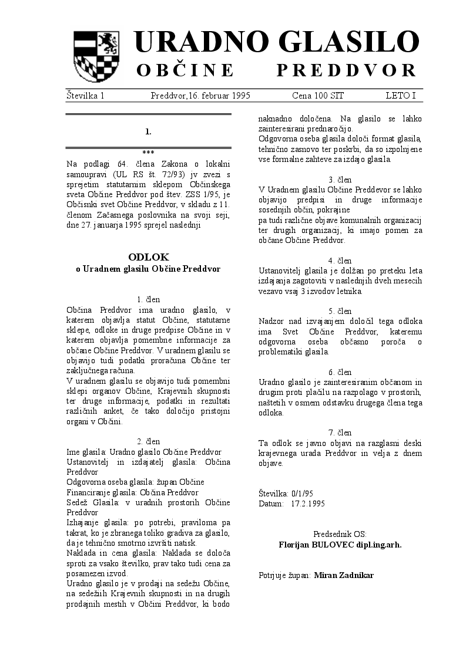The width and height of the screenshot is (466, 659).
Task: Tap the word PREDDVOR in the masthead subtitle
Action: point(347,71)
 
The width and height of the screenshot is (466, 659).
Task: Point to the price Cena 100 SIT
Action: point(318,95)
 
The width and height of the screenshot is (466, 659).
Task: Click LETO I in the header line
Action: point(401,95)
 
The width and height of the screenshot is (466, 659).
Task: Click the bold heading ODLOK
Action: point(148,257)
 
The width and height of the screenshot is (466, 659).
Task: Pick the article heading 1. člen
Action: point(148,299)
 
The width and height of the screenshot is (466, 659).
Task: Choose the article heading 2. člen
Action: point(148,441)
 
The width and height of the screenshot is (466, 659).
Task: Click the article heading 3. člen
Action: point(340,180)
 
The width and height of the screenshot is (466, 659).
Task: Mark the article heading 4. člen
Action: point(340,261)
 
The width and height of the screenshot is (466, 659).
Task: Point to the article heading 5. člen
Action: point(340,311)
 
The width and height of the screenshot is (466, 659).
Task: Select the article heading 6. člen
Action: point(340,372)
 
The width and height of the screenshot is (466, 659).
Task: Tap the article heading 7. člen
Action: point(340,433)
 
